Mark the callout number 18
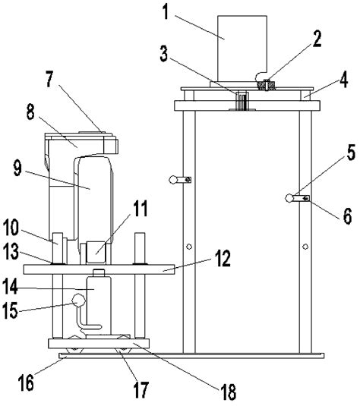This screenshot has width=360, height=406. pyautogui.click(x=228, y=392)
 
